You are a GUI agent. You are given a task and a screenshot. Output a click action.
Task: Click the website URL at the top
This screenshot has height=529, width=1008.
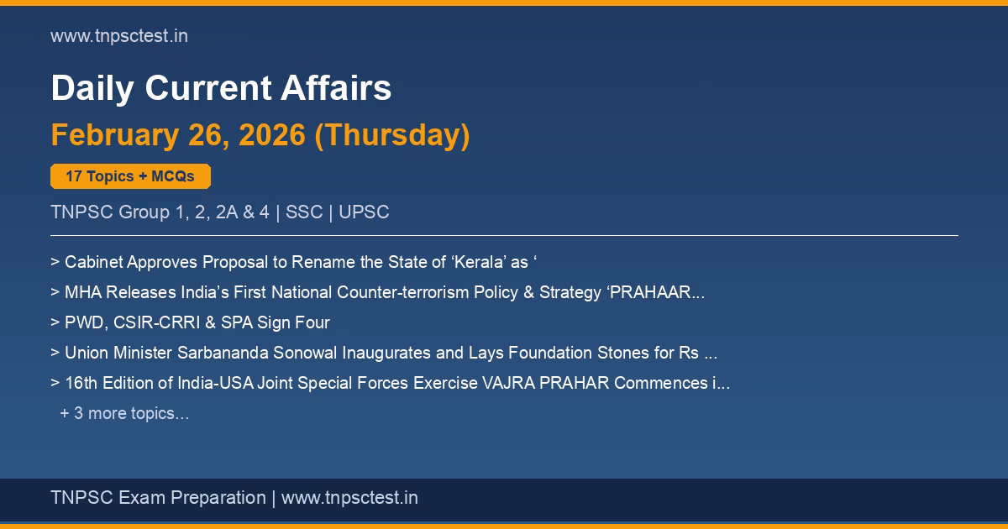click(119, 36)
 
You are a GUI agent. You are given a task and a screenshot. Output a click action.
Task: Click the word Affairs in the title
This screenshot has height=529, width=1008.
click(336, 87)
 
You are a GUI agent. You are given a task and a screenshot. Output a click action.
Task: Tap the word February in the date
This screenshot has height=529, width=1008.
click(115, 135)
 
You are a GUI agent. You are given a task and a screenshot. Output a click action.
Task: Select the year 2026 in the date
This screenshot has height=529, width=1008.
click(272, 134)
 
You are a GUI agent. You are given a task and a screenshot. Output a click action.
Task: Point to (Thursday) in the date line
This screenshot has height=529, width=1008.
click(392, 135)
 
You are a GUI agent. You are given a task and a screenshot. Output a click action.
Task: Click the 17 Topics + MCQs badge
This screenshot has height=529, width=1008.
click(130, 176)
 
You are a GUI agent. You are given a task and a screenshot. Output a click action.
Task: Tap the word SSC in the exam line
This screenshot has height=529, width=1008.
click(304, 212)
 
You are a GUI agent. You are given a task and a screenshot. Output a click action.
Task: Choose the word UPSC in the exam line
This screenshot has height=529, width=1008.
click(364, 212)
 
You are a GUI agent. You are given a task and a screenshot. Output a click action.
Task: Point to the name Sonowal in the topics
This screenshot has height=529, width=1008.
click(305, 353)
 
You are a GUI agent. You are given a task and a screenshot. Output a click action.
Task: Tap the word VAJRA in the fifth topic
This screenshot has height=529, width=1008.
click(508, 383)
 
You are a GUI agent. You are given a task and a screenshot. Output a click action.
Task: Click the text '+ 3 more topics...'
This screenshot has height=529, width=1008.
click(124, 413)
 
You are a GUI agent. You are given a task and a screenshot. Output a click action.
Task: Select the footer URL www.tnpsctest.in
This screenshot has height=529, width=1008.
click(349, 498)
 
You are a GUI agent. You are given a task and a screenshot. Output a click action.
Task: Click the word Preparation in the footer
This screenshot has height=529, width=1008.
click(218, 498)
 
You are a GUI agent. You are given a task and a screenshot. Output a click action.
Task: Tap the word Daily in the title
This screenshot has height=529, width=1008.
click(92, 88)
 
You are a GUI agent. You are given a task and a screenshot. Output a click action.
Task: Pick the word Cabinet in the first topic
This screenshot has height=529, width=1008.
click(93, 262)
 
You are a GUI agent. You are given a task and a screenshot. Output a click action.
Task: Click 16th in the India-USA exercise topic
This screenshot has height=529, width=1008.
click(81, 383)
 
